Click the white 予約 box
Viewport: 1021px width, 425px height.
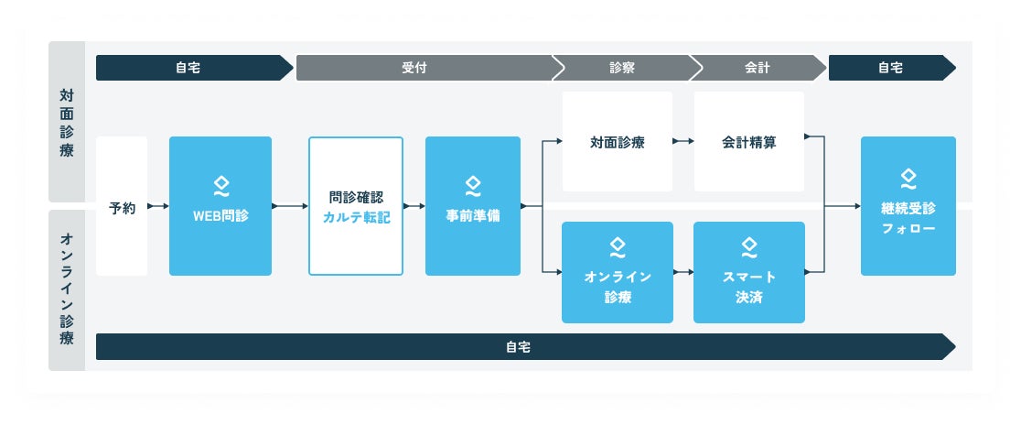(122, 206)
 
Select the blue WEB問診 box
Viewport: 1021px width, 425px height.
(220, 206)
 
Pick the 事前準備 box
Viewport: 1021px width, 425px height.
(473, 206)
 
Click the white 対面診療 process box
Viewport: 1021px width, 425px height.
(618, 142)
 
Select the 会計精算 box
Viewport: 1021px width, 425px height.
(749, 142)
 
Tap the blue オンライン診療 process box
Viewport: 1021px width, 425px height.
(618, 272)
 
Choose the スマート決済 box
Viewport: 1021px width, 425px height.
(749, 272)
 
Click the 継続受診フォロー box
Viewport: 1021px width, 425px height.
(908, 206)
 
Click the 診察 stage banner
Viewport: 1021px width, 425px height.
(622, 68)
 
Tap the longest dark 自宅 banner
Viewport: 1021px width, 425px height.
(521, 347)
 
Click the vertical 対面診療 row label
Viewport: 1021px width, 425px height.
(67, 122)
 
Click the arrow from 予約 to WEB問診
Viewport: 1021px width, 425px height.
(158, 206)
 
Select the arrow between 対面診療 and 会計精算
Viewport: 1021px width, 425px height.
(682, 142)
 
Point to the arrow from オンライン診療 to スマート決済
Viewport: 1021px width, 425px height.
(682, 272)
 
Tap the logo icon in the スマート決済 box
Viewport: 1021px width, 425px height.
(749, 247)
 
